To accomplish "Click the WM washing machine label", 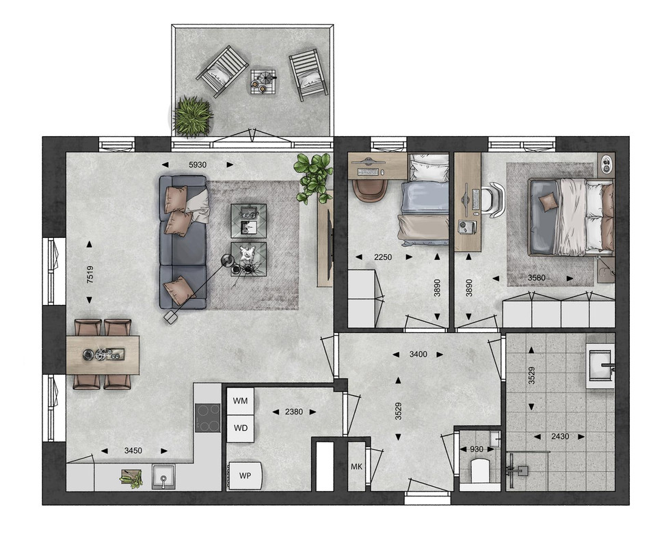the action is click(x=240, y=401).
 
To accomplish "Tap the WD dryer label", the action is click(x=241, y=428).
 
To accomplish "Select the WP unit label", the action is click(x=245, y=475).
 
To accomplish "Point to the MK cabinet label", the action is click(x=356, y=466).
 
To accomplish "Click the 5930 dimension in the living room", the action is click(x=198, y=165).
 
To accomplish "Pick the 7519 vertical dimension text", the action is click(x=90, y=274).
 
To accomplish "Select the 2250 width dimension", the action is click(x=383, y=257).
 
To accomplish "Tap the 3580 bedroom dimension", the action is click(x=536, y=278).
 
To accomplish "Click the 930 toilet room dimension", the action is click(x=477, y=449).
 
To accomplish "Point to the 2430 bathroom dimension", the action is click(x=560, y=436).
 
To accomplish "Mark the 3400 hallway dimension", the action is click(x=418, y=354).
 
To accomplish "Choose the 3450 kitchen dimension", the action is click(x=133, y=451).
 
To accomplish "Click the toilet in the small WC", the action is click(x=480, y=470).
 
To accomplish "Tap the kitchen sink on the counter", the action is click(x=163, y=477).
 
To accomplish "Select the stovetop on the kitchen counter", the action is click(x=208, y=418).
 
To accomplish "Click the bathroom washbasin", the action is click(x=600, y=366).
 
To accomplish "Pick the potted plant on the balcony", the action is click(x=192, y=117).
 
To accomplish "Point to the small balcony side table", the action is click(x=264, y=82).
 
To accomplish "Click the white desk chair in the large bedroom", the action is click(x=493, y=200).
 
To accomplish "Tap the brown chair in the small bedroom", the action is click(x=369, y=191).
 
